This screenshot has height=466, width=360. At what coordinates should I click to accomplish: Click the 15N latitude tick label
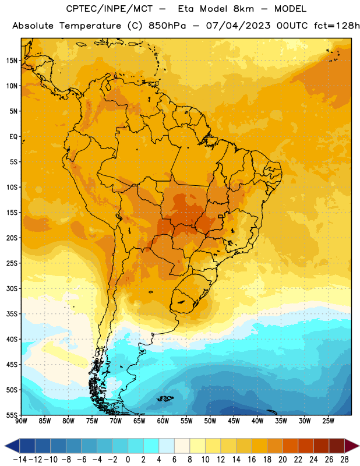(12, 61)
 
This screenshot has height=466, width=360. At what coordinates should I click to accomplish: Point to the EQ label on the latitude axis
(13, 137)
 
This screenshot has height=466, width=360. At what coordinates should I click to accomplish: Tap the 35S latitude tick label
(12, 314)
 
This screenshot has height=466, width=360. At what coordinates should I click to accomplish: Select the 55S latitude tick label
(12, 415)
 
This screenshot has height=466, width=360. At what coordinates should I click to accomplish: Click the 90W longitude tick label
(21, 421)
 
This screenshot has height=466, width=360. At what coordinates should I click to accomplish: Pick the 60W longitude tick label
(163, 421)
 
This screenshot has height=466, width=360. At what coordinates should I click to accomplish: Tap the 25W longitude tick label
(328, 421)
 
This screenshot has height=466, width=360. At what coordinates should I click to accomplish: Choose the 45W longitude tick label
(234, 421)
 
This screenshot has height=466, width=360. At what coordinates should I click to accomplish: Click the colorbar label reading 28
(344, 460)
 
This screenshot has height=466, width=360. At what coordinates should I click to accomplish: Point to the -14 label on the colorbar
(20, 460)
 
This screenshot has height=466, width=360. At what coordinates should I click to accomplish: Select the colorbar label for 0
(128, 460)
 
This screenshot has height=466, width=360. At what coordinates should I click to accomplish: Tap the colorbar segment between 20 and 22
(291, 446)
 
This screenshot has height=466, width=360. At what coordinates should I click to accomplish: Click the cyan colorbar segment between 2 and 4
(151, 446)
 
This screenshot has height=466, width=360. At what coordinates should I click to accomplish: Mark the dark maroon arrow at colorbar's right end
(352, 446)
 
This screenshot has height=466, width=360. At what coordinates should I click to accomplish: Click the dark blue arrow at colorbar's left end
(12, 446)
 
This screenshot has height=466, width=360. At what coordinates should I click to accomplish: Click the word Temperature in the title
(90, 26)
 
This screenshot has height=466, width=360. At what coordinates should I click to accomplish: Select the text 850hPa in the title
(167, 26)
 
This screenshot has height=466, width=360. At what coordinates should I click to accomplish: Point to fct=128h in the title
(337, 26)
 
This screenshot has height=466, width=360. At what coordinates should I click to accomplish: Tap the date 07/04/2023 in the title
(238, 26)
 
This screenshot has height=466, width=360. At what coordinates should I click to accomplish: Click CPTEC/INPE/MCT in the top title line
(110, 9)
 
